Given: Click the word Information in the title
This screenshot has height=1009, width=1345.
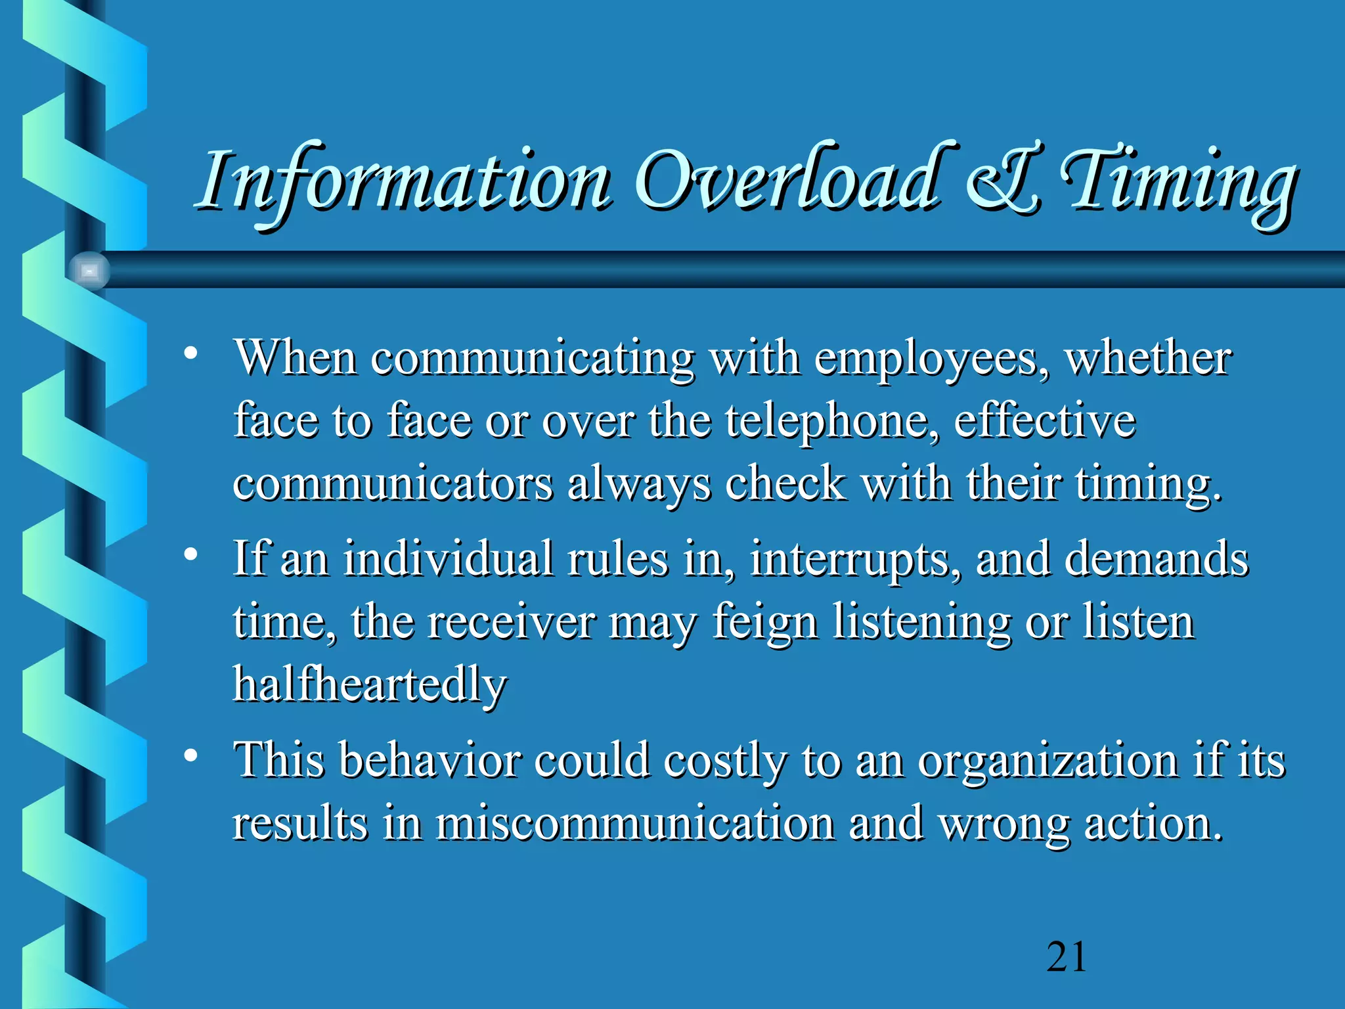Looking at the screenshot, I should [x=403, y=181].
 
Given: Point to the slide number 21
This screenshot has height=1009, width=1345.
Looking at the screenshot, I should [x=1067, y=957].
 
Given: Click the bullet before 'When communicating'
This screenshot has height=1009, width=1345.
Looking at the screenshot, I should [x=190, y=354].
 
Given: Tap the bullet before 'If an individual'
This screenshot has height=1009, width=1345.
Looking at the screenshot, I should [x=190, y=555].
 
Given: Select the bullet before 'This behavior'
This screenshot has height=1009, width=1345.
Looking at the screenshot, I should [x=190, y=756].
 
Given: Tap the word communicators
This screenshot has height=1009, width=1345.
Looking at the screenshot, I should [x=393, y=485].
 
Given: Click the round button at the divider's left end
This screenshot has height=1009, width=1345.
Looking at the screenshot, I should [x=89, y=271].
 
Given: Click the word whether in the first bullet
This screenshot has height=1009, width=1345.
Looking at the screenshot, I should [x=1147, y=360].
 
